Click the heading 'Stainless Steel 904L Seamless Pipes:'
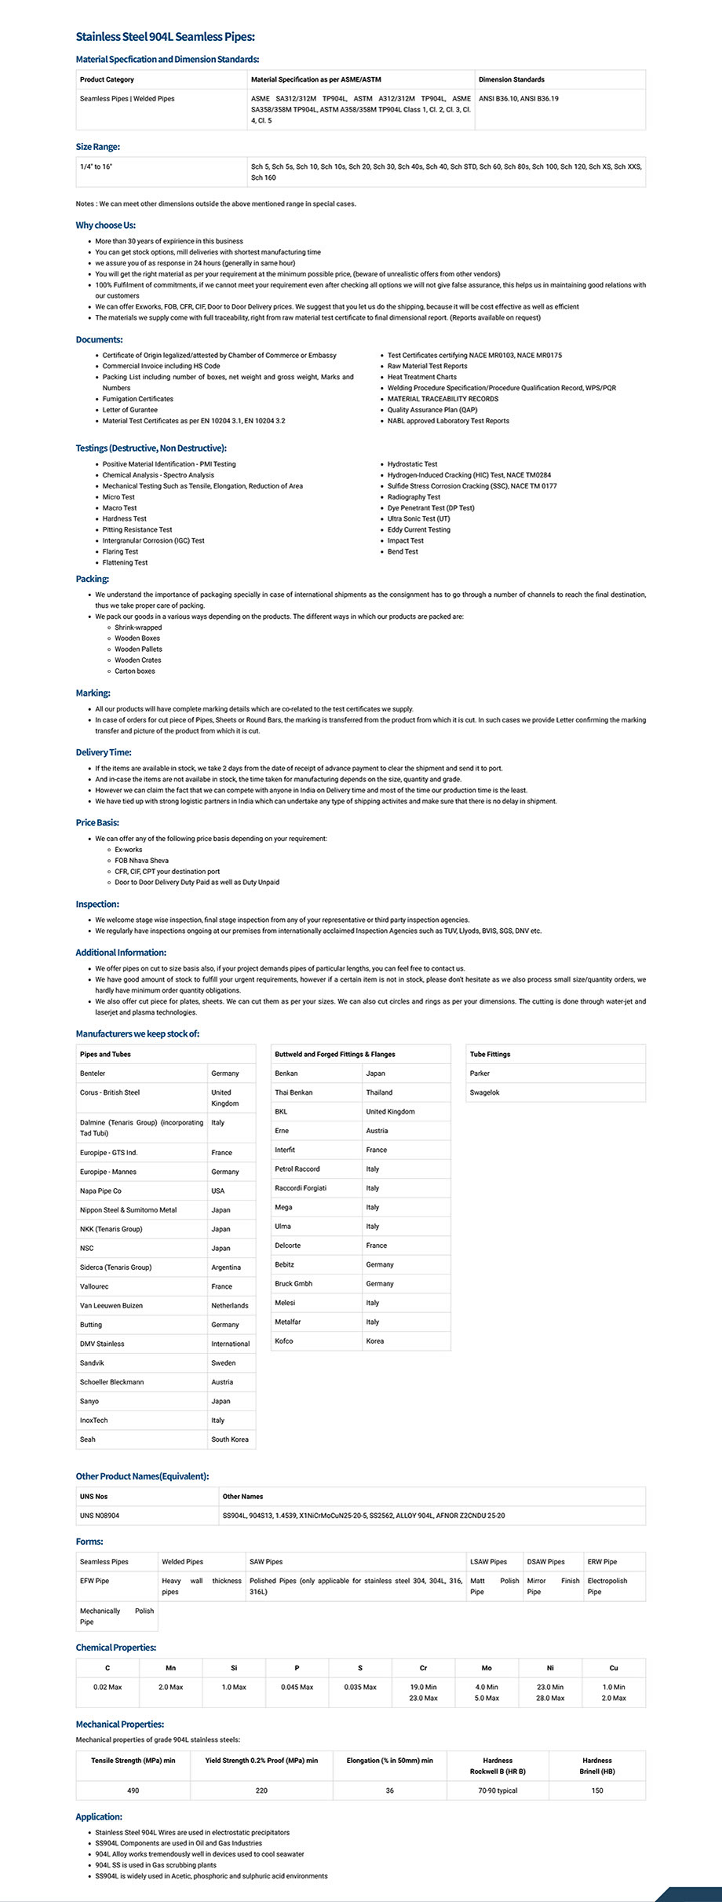(165, 37)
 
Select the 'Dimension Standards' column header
(511, 79)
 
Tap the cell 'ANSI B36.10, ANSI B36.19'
(519, 99)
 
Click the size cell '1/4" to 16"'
(97, 166)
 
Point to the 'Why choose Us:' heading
(105, 225)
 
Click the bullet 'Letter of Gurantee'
(129, 410)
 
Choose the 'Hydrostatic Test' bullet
(412, 464)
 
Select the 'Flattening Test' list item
(125, 563)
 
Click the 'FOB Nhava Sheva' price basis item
(141, 861)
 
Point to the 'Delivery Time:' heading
(104, 752)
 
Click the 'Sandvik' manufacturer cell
(92, 1363)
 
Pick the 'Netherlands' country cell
(229, 1306)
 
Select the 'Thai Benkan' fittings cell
(294, 1092)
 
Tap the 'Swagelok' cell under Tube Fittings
(484, 1092)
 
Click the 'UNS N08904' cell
(100, 1516)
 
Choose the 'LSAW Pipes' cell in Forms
(488, 1562)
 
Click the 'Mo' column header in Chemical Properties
(487, 1668)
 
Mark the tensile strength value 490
(133, 1790)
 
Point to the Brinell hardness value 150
(597, 1790)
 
